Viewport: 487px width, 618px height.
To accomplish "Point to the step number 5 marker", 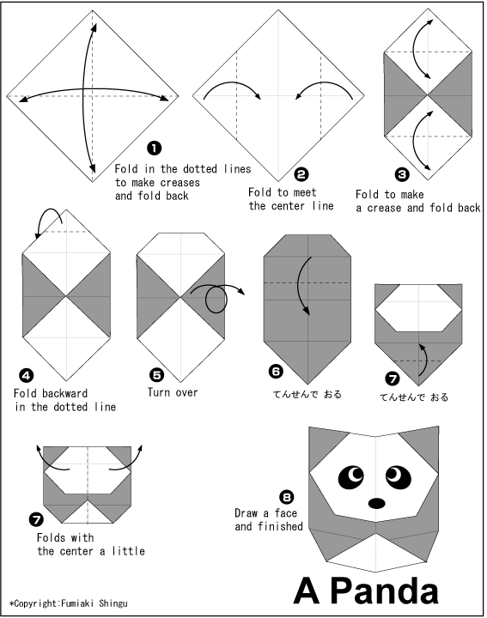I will point(155,374).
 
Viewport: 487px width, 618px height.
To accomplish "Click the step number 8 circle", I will point(286,496).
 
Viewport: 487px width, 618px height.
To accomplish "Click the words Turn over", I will point(173,392).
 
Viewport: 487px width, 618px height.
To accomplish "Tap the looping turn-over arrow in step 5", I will point(215,298).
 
